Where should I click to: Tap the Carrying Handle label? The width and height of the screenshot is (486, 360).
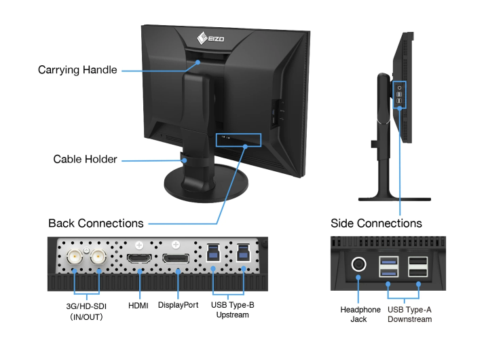[77, 70]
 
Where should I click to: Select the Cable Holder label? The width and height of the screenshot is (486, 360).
[85, 160]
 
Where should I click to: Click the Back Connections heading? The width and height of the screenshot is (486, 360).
[96, 223]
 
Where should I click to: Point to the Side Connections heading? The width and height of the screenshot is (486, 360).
[376, 223]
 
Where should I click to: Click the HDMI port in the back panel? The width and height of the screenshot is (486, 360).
[138, 259]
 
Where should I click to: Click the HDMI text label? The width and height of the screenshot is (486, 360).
[138, 305]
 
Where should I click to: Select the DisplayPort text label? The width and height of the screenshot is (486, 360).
[178, 305]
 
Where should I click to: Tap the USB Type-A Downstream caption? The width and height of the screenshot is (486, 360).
[409, 314]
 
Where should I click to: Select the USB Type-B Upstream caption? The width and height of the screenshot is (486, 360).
[232, 310]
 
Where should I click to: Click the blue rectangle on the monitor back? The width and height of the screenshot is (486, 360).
[239, 140]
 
